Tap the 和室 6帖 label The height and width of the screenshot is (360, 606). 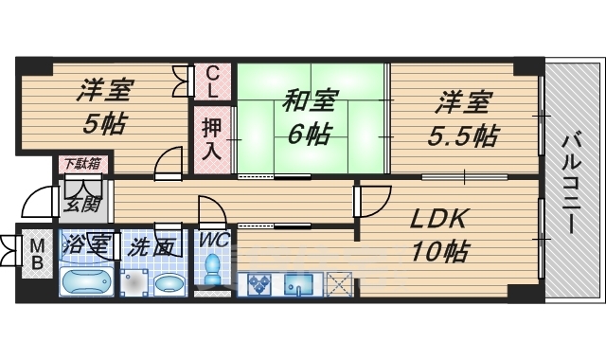pyautogui.click(x=308, y=117)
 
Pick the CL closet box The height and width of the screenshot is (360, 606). pyautogui.click(x=213, y=82)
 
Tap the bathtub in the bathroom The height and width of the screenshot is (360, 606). pyautogui.click(x=87, y=282)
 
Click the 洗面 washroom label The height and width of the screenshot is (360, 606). pyautogui.click(x=151, y=245)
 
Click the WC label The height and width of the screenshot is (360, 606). pyautogui.click(x=212, y=239)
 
